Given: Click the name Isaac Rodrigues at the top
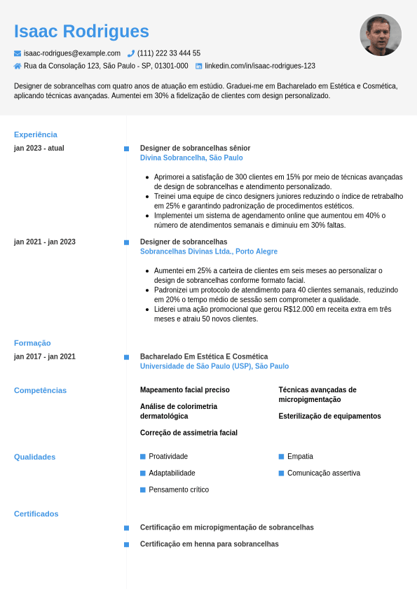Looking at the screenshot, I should tap(81, 32).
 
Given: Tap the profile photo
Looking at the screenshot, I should tap(381, 35).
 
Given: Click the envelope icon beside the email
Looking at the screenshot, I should tap(18, 53).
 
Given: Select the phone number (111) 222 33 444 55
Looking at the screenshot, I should tap(169, 53).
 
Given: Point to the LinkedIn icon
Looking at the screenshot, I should tap(199, 66).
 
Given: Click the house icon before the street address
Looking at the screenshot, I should tap(18, 66).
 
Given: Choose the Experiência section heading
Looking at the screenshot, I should tap(36, 134).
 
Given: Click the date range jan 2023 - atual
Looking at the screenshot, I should tap(39, 148).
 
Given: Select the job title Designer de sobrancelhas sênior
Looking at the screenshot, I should tap(195, 148).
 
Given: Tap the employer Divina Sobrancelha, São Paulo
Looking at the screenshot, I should tap(191, 158).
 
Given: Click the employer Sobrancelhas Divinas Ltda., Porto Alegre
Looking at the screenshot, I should tap(209, 251).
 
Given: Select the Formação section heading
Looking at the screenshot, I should tap(32, 343).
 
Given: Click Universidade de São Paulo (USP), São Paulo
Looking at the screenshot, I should tap(214, 366).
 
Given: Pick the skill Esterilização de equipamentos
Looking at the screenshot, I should tap(329, 416).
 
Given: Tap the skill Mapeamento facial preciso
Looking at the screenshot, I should tap(185, 390).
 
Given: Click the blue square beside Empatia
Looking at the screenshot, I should tap(281, 457).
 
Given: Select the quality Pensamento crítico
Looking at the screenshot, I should tap(179, 490).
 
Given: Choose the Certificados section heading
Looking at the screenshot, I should tap(36, 514).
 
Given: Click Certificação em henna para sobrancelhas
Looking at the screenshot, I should tap(210, 544).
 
